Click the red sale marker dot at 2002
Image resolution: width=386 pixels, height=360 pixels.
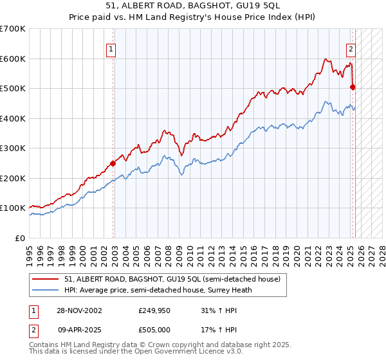[x=113, y=163]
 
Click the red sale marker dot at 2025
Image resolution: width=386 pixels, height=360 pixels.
[x=353, y=87]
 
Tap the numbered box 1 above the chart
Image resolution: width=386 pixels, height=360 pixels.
[x=111, y=48]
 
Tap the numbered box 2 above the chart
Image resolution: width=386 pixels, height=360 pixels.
[x=351, y=48]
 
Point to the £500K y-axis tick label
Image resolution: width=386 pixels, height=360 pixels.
[x=13, y=88]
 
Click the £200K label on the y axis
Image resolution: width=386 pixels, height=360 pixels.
[x=13, y=178]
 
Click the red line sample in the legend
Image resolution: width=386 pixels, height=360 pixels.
[x=46, y=280]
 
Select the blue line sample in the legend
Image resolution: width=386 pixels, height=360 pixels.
[x=46, y=290]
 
